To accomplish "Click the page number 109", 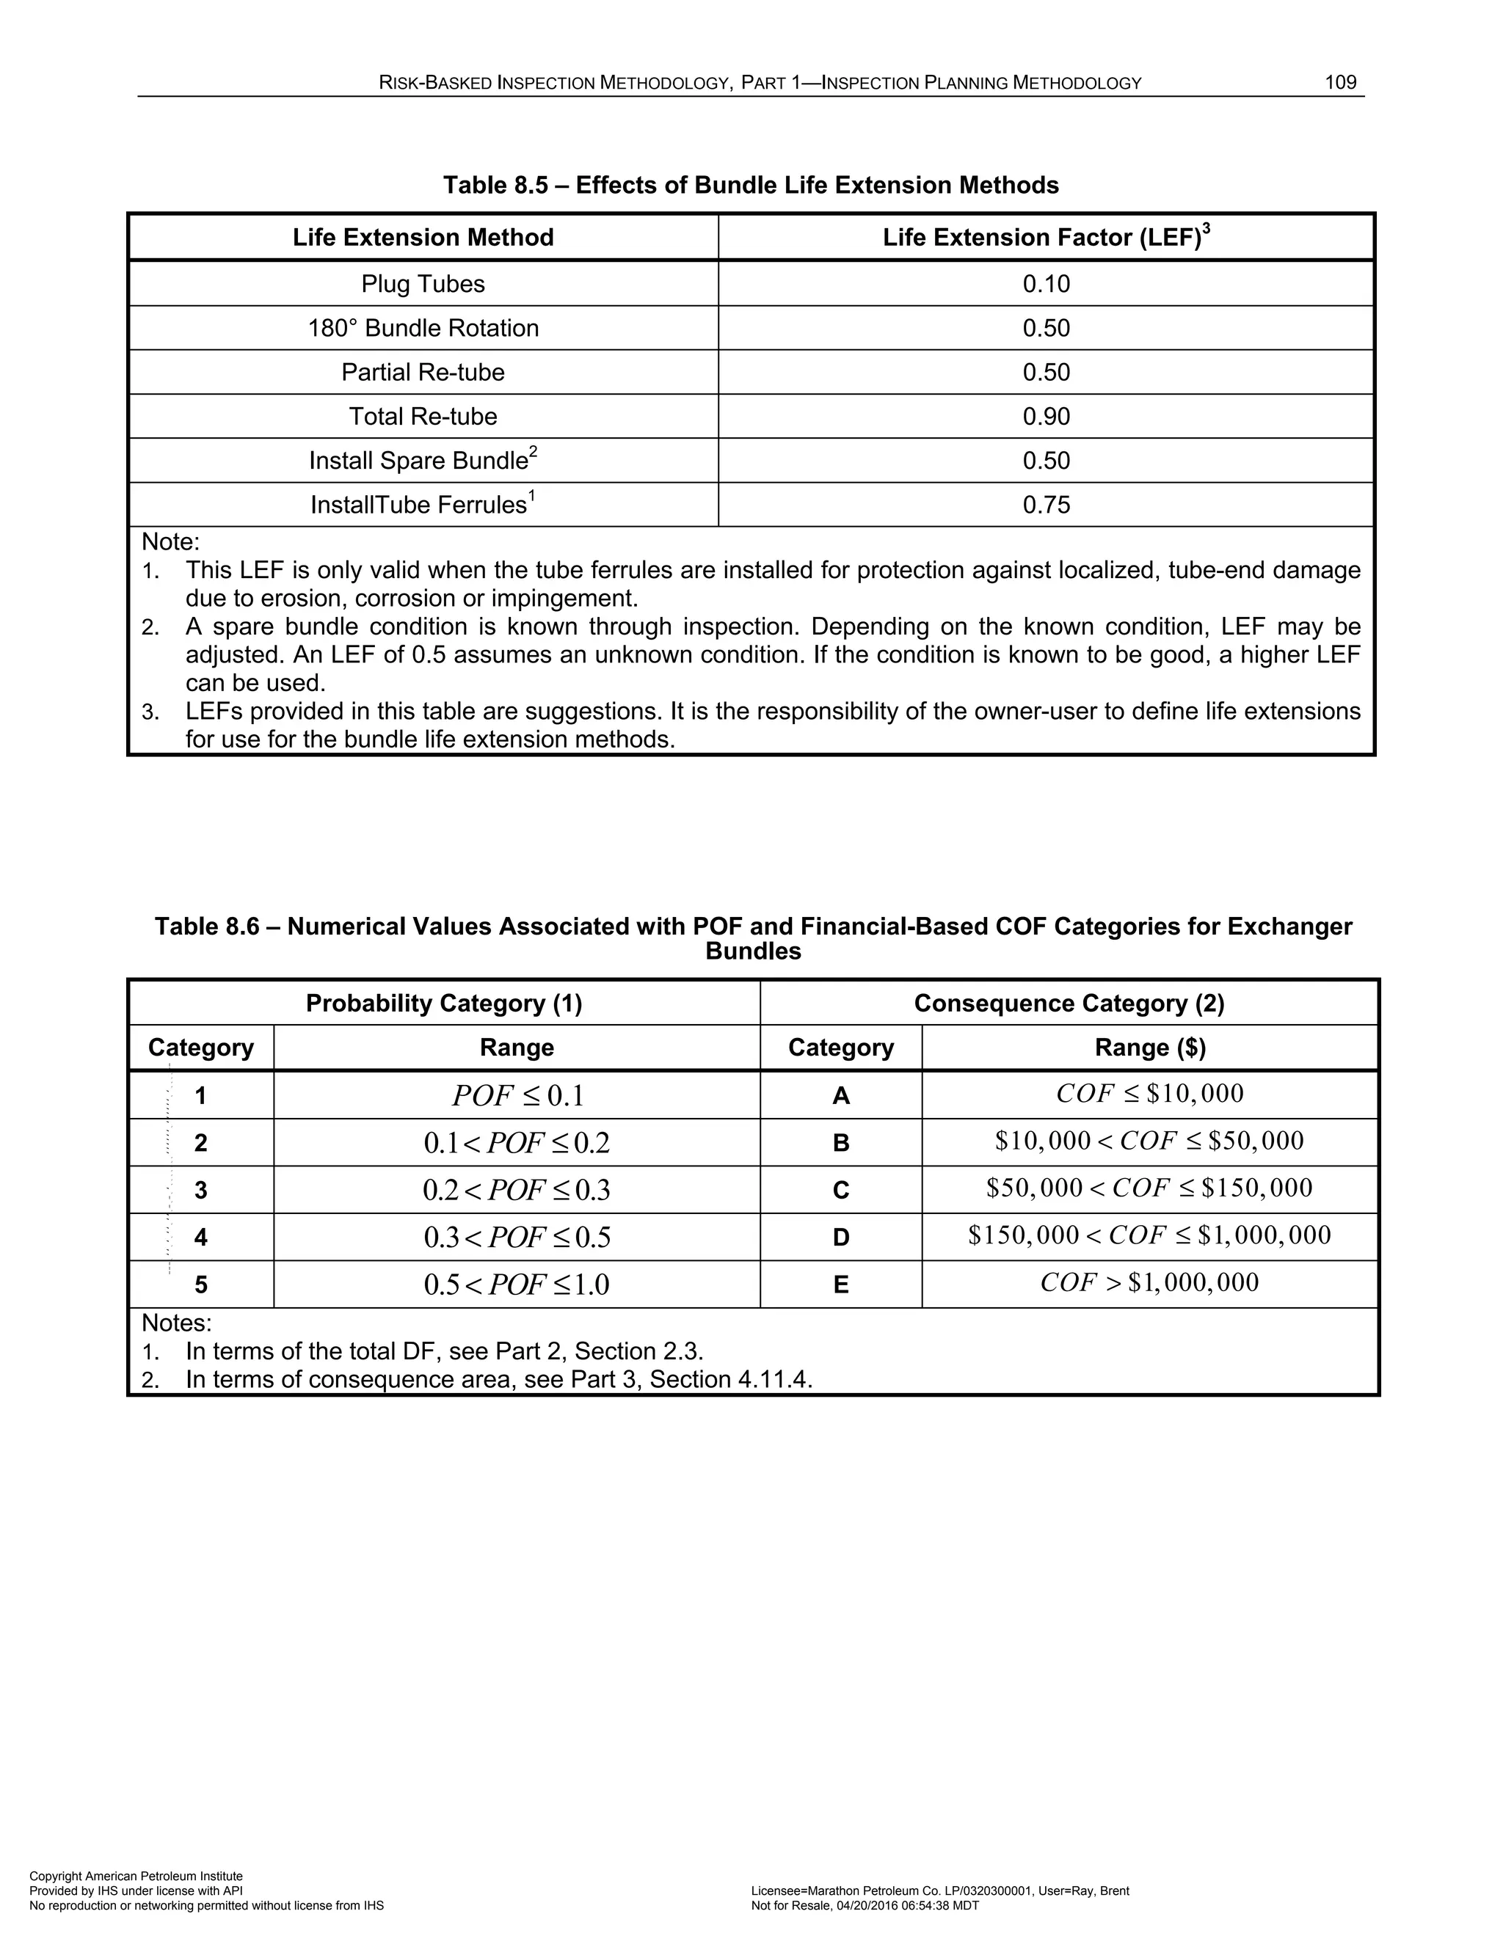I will coord(1340,83).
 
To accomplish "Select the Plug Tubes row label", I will coord(423,284).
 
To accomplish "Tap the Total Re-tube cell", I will coord(423,417).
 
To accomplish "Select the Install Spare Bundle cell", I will coord(423,460).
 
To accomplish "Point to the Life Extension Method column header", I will coord(423,238).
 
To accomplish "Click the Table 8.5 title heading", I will coord(751,185).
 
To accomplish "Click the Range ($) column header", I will coord(1149,1048).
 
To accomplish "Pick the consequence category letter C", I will coord(840,1190).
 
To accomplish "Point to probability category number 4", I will coord(201,1238).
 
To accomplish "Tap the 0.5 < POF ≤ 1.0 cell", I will coord(517,1285).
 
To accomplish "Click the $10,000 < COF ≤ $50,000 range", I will coord(1149,1141).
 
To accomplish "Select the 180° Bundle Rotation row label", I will coord(423,329).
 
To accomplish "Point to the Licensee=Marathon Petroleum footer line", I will coord(939,1890).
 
